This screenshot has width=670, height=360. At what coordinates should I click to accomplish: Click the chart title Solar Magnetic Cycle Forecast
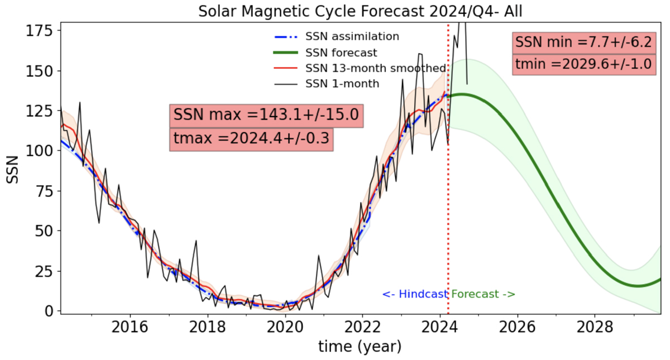(361, 11)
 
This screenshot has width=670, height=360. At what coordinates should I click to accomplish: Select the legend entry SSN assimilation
(352, 37)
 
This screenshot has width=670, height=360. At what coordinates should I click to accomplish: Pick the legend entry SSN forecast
(341, 53)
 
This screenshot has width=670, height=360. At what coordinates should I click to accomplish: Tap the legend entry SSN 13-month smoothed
(376, 69)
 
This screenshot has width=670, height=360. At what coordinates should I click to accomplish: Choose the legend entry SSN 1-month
(342, 84)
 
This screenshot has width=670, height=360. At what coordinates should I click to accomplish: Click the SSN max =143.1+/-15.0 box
(267, 116)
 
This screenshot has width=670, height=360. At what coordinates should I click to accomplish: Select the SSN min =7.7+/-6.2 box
(583, 42)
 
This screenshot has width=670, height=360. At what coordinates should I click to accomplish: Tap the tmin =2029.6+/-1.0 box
(583, 64)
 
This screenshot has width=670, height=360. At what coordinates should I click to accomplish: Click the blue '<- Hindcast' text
(415, 294)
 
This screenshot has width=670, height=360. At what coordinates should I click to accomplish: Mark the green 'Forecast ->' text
(483, 294)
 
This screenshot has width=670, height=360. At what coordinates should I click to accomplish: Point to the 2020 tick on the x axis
(285, 325)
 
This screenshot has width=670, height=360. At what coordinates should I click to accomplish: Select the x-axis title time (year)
(360, 347)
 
